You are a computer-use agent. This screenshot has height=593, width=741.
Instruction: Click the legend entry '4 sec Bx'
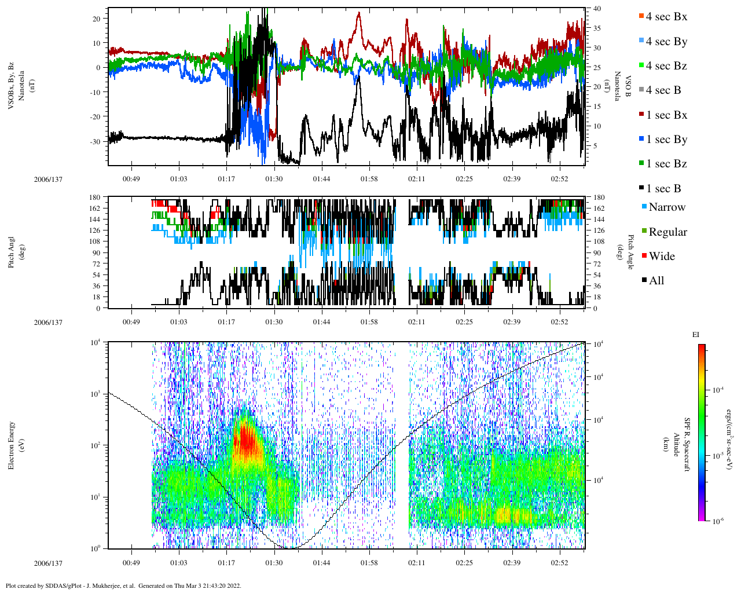point(666,17)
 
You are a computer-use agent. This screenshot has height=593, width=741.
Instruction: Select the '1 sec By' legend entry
point(666,140)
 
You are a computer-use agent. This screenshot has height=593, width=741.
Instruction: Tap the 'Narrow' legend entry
point(666,207)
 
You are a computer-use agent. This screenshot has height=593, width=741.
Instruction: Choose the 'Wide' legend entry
point(661,257)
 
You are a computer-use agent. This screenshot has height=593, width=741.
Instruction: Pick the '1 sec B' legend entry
point(663,189)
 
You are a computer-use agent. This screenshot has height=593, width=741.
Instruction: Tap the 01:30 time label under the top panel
point(274,179)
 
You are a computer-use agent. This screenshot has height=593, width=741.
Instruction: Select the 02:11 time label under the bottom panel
point(417,563)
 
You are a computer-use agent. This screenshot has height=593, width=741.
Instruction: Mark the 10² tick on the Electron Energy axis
point(94,445)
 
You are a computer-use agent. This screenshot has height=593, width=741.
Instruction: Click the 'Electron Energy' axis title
point(11,445)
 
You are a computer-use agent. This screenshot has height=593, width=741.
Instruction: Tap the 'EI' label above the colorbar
point(696,335)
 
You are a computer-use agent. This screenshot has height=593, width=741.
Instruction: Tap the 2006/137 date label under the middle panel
point(48,322)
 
